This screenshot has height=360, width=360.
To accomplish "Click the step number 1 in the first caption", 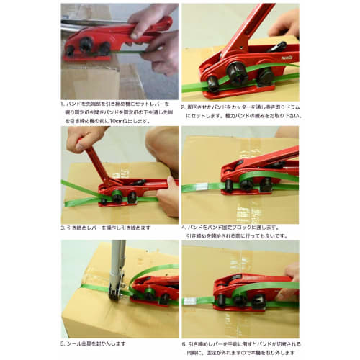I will pos(63,104).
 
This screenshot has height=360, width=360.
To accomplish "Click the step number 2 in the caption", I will pos(184,104).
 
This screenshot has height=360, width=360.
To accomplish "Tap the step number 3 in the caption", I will pos(63,228).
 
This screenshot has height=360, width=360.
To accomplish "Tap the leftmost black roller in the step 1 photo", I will pos(71,50).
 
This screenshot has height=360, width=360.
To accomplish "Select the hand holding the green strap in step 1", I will pos(160,54).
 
